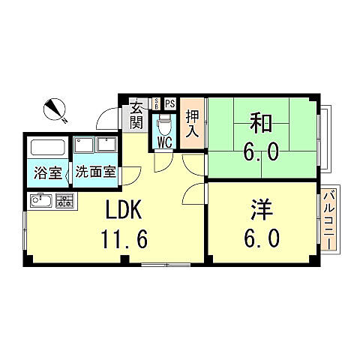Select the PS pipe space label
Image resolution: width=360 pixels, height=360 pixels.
pyautogui.click(x=169, y=103)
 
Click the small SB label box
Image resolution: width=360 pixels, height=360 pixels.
pyautogui.click(x=155, y=103)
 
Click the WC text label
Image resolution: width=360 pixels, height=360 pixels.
pyautogui.click(x=163, y=140)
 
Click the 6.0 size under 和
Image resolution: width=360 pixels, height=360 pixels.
pyautogui.click(x=259, y=153)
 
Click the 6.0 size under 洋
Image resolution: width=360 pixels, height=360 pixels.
pyautogui.click(x=261, y=238)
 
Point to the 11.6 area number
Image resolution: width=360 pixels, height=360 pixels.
pyautogui.click(x=124, y=239)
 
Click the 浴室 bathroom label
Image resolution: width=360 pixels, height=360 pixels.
pyautogui.click(x=48, y=172)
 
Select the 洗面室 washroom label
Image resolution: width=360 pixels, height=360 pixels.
pyautogui.click(x=95, y=172)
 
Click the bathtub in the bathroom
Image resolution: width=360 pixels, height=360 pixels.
pyautogui.click(x=49, y=148)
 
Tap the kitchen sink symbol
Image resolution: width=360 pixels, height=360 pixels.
pyautogui.click(x=40, y=200)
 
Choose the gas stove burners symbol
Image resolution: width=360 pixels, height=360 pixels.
pyautogui.click(x=64, y=200)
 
